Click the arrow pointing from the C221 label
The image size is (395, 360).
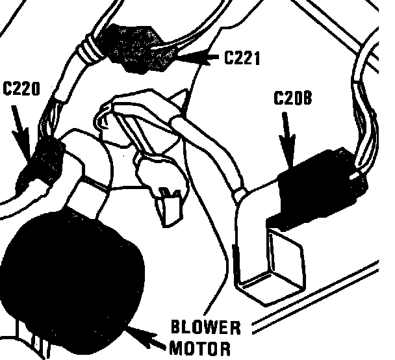[x=201, y=59]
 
